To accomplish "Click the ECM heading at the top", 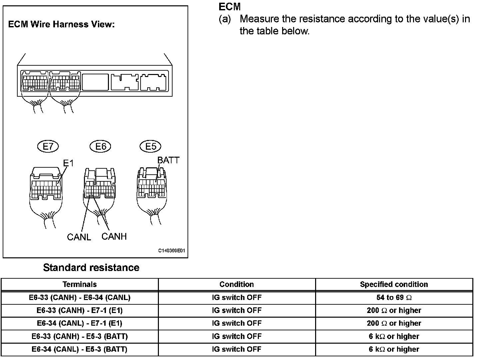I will pos(230,7).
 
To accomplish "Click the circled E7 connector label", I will pos(48,146).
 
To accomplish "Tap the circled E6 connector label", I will pos(101,146).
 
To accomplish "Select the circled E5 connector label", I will pos(151,146).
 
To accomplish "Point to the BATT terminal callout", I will pos(168,160).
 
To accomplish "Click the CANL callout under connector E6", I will pos(79,237).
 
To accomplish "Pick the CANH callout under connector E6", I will pos(114,236).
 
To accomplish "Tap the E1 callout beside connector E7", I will pos(68,163).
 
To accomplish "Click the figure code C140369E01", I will pos(171,251).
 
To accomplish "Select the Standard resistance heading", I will pos(91,268).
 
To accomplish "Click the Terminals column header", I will pos(80,284).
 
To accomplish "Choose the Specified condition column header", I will pos(394,284).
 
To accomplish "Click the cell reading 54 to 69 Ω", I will pos(394,297).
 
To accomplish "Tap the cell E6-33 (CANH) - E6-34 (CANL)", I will pos(80,297).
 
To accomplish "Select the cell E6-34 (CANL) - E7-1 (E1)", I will pos(80,323).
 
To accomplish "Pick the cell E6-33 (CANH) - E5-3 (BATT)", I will pos(80,336).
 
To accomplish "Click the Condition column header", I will pos(237,284).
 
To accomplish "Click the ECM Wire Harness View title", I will pos(61,24).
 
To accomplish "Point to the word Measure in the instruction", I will pos(259,19).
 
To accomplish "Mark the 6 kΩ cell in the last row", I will pos(394,349).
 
